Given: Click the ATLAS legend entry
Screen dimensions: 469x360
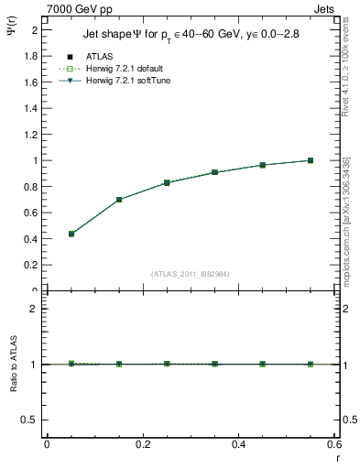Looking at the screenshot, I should point(100,56).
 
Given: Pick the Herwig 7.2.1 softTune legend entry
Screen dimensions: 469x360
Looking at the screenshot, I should point(127,82).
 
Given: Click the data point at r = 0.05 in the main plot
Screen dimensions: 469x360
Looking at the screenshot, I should point(71,234).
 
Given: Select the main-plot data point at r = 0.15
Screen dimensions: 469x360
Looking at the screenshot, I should point(119,200).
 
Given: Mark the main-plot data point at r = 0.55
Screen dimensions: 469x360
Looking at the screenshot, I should point(311,160).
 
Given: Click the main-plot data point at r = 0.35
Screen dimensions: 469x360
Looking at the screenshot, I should point(214,172).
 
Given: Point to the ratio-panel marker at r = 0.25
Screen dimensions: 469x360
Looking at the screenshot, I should point(167,364).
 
